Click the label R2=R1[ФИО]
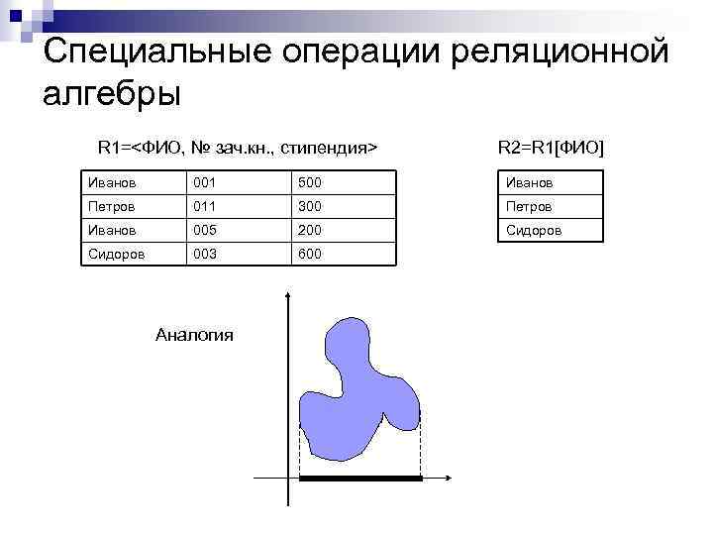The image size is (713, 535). click(551, 148)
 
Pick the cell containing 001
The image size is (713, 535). click(205, 183)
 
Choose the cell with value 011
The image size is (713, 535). click(205, 207)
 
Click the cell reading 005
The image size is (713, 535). click(205, 231)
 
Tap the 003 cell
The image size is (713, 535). click(205, 255)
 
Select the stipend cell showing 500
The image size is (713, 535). click(310, 183)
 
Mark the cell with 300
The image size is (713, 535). click(310, 207)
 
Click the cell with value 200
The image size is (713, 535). click(310, 231)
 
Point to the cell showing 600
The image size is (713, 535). click(310, 255)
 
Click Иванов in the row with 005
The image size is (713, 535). click(110, 231)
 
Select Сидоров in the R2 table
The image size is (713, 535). click(534, 231)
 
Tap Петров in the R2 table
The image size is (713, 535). click(530, 207)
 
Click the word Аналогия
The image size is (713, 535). click(195, 335)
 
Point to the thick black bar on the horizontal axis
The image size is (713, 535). click(360, 479)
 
